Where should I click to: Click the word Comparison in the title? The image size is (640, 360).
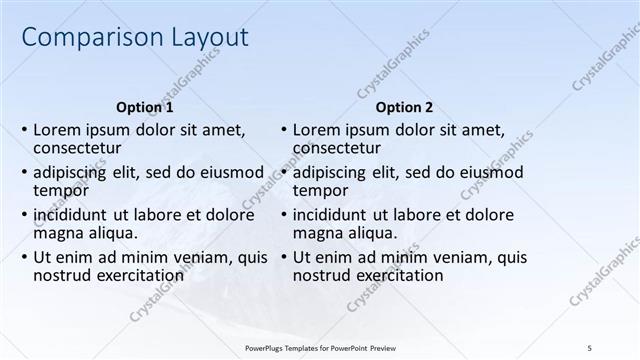click(84, 39)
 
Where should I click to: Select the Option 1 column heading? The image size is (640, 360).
click(145, 107)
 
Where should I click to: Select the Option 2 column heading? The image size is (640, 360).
click(405, 107)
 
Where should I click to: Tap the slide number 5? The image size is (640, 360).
click(589, 347)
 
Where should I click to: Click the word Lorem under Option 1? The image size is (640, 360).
click(57, 130)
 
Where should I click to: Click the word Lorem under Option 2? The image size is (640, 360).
click(317, 130)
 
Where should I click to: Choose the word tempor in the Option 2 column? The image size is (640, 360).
click(321, 190)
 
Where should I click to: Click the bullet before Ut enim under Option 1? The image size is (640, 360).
click(25, 257)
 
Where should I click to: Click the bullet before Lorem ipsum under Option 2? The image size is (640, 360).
click(285, 130)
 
